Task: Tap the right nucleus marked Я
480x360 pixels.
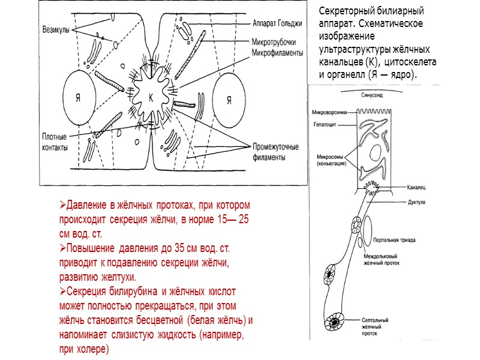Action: coord(229,100)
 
